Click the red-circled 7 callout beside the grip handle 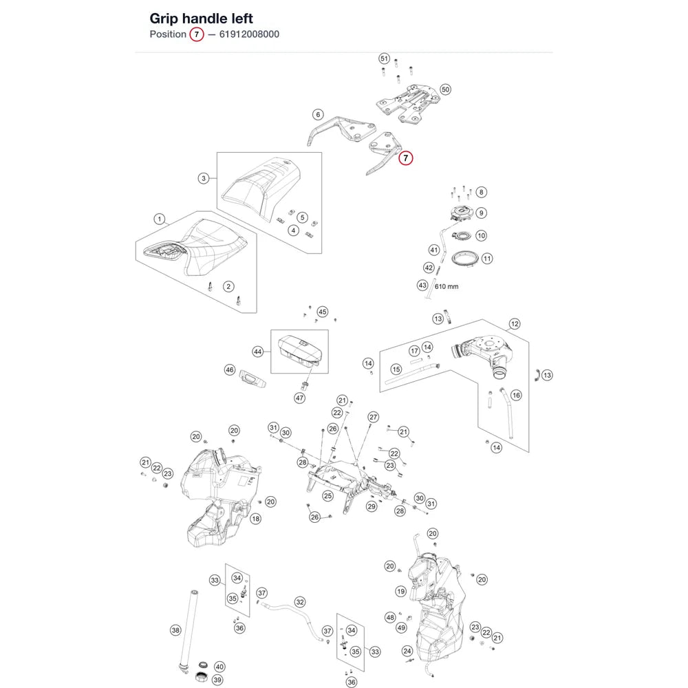405,158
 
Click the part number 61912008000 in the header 249,34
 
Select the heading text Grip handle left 202,19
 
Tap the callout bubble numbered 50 445,89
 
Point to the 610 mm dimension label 447,286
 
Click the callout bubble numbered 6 318,115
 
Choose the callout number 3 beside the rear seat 203,178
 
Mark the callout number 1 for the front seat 160,219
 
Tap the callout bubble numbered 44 258,352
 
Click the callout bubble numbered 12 515,324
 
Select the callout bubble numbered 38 175,630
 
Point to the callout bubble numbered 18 256,519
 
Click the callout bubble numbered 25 327,496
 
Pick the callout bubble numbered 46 230,370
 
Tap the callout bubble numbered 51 385,58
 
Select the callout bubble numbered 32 300,602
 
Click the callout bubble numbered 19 401,592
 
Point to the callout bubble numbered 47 300,398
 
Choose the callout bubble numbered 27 374,417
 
